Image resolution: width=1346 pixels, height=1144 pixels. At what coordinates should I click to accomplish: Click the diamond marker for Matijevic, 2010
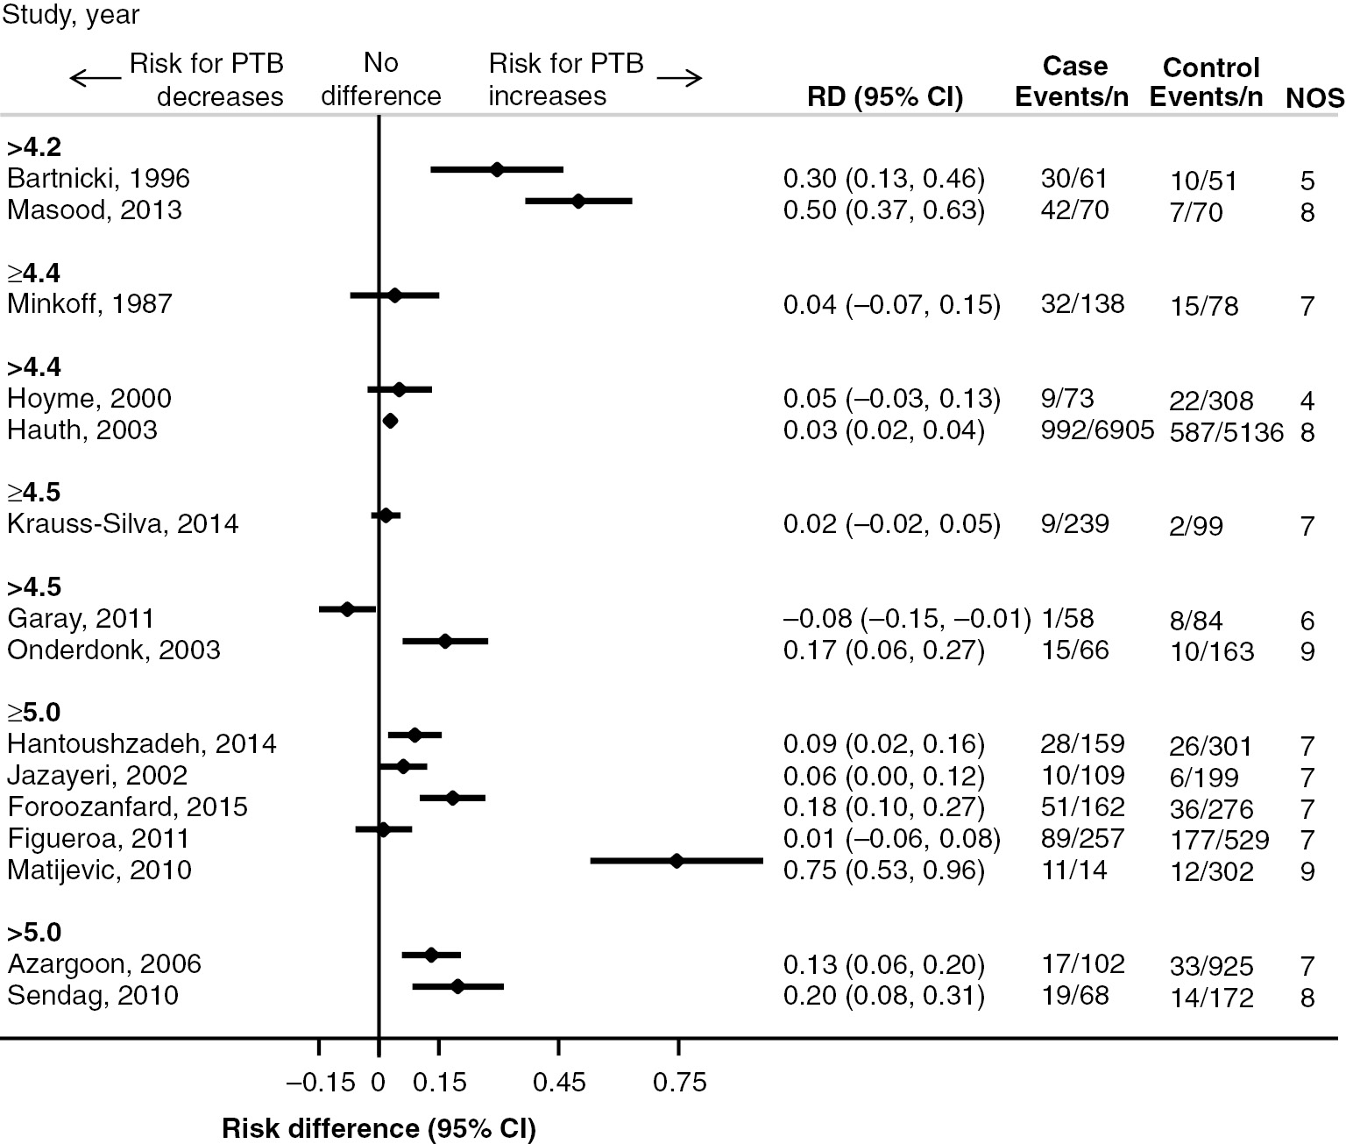coord(676,861)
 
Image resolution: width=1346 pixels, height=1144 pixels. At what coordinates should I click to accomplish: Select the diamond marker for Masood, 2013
coord(577,201)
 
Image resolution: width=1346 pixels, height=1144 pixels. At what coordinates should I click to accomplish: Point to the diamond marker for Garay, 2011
coord(347,608)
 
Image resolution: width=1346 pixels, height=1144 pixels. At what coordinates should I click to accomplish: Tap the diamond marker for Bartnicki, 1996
coord(497,169)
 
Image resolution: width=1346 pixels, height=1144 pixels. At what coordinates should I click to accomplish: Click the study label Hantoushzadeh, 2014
coord(142,744)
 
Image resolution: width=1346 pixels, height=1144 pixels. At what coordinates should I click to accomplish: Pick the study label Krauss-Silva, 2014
coord(123,524)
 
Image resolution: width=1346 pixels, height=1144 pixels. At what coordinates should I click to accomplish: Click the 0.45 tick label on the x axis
coord(559,1083)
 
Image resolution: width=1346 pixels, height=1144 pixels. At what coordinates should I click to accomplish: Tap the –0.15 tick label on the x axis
coord(321,1083)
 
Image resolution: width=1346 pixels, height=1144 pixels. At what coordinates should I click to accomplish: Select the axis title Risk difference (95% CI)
coord(379,1128)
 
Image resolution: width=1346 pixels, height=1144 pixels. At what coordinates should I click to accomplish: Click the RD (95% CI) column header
coord(884,97)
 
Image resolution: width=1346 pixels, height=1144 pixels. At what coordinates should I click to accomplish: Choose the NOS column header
coord(1314,98)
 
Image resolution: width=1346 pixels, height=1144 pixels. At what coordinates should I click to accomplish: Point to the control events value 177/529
coord(1219,840)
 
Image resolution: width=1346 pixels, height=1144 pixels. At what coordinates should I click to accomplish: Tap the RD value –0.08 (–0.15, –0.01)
coord(906,619)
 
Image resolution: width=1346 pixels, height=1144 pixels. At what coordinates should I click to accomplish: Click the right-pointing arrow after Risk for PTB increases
coord(679,79)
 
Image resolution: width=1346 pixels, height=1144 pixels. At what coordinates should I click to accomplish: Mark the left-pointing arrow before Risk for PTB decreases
coord(96,79)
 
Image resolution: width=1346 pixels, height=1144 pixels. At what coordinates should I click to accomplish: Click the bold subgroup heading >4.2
coord(33,146)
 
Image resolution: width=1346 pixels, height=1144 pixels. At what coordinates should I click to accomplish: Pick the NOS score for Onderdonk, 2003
coord(1307,651)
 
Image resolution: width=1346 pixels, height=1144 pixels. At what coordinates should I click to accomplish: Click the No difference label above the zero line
coord(380,79)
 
